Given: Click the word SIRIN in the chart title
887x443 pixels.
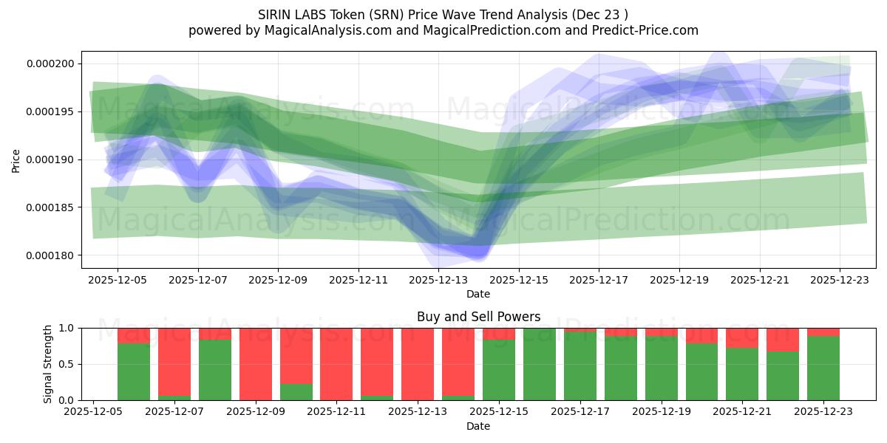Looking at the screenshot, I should coord(275,15).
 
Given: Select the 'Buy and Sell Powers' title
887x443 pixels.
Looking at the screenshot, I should coord(478,317).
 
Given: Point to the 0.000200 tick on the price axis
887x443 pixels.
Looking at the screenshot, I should coord(50,63).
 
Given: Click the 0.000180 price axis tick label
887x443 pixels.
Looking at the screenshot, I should coord(50,255).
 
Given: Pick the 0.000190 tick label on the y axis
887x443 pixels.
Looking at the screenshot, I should coord(50,159).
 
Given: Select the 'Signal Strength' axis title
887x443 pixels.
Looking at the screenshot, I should coord(48,364).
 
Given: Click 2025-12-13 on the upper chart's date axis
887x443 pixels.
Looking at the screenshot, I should coord(438,281).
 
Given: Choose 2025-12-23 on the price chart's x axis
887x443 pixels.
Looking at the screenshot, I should coord(840,281).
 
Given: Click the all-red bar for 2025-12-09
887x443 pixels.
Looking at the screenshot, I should coord(255,364).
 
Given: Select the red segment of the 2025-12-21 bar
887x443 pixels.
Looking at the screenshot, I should coord(742,337).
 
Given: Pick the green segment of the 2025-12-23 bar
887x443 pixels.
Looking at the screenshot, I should coord(823,369).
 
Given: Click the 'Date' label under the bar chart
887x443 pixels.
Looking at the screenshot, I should coord(478,426).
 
